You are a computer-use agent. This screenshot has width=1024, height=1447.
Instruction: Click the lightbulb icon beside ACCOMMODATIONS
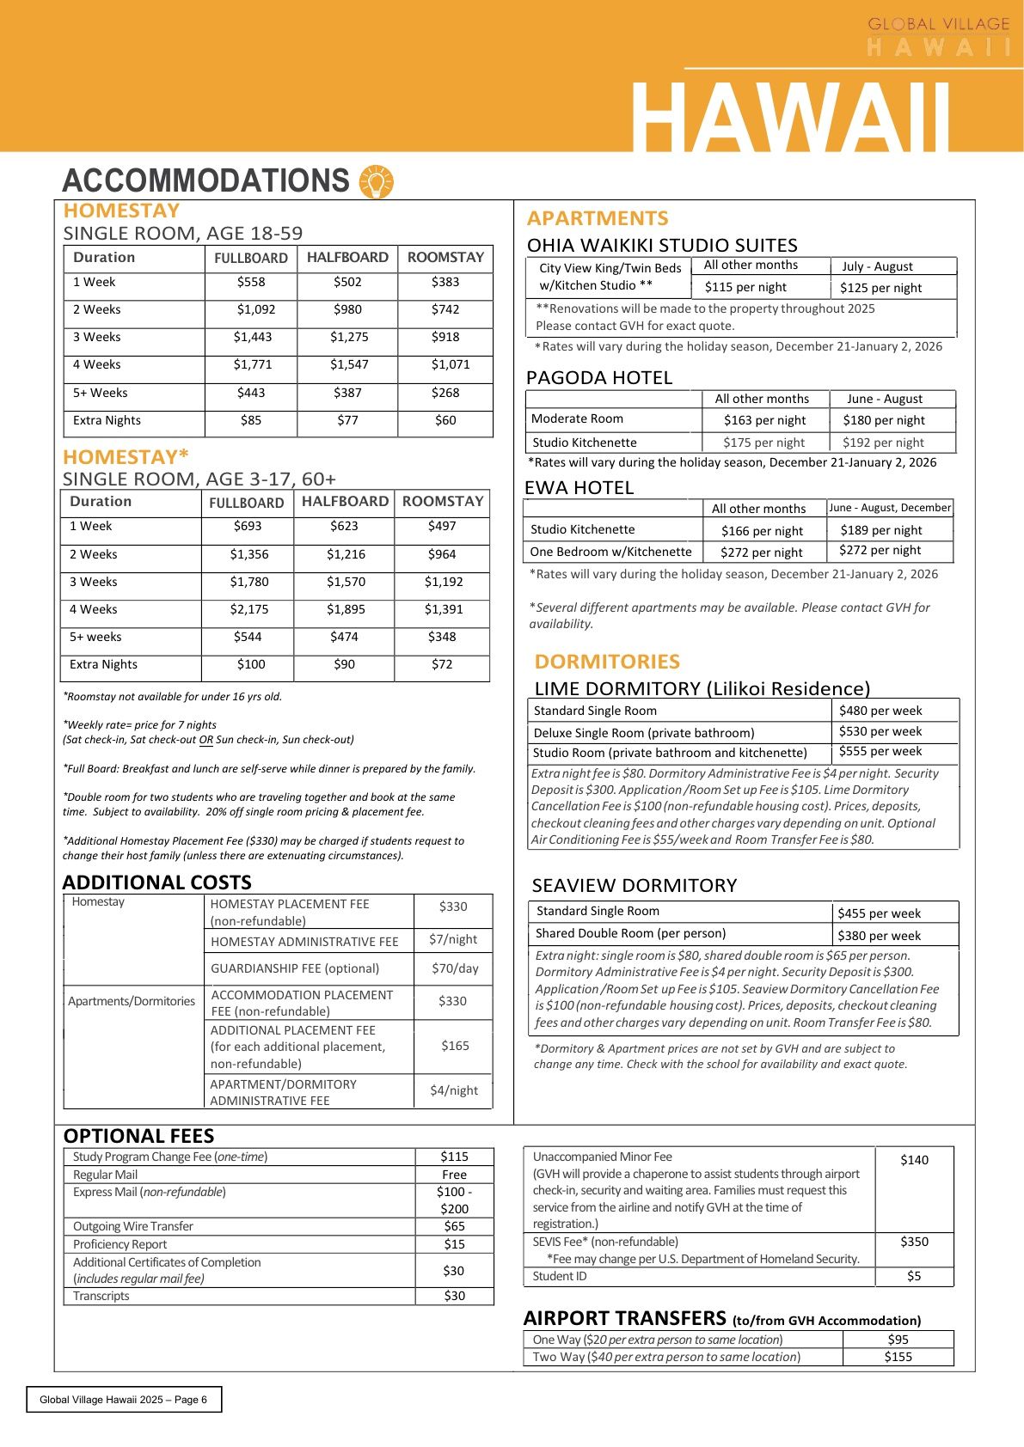click(376, 181)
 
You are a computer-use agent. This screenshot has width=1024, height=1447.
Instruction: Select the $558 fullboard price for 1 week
click(251, 282)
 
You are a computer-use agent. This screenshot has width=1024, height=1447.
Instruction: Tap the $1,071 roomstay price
click(451, 364)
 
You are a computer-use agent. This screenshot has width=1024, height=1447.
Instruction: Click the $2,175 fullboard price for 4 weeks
click(249, 609)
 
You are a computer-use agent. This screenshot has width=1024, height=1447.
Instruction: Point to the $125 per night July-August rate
click(880, 288)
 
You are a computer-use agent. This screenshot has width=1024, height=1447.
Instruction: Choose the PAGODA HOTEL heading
click(599, 378)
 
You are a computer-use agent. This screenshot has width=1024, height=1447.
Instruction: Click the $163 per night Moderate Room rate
click(764, 420)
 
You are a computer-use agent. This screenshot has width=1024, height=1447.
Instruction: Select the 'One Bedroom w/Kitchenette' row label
click(610, 552)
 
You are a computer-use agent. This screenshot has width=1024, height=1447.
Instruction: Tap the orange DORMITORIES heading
click(607, 662)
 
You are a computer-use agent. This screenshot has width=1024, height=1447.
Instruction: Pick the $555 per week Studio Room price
click(880, 751)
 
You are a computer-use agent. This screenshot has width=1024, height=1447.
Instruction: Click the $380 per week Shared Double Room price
click(879, 936)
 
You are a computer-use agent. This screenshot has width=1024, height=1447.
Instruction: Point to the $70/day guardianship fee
click(455, 968)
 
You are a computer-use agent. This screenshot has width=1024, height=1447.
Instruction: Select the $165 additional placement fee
click(455, 1046)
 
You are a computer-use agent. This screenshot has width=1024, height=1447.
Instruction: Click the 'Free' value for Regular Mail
click(454, 1175)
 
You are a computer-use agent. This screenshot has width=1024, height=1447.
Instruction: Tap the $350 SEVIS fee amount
click(914, 1242)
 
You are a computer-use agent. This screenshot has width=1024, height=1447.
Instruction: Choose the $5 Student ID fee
click(914, 1276)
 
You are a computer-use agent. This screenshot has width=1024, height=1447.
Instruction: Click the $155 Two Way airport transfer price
click(898, 1357)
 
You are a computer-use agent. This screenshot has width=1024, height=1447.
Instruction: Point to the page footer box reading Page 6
click(123, 1399)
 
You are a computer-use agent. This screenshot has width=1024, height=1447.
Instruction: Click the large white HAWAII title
click(790, 117)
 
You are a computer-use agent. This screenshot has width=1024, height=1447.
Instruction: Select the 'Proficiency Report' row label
click(120, 1244)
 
